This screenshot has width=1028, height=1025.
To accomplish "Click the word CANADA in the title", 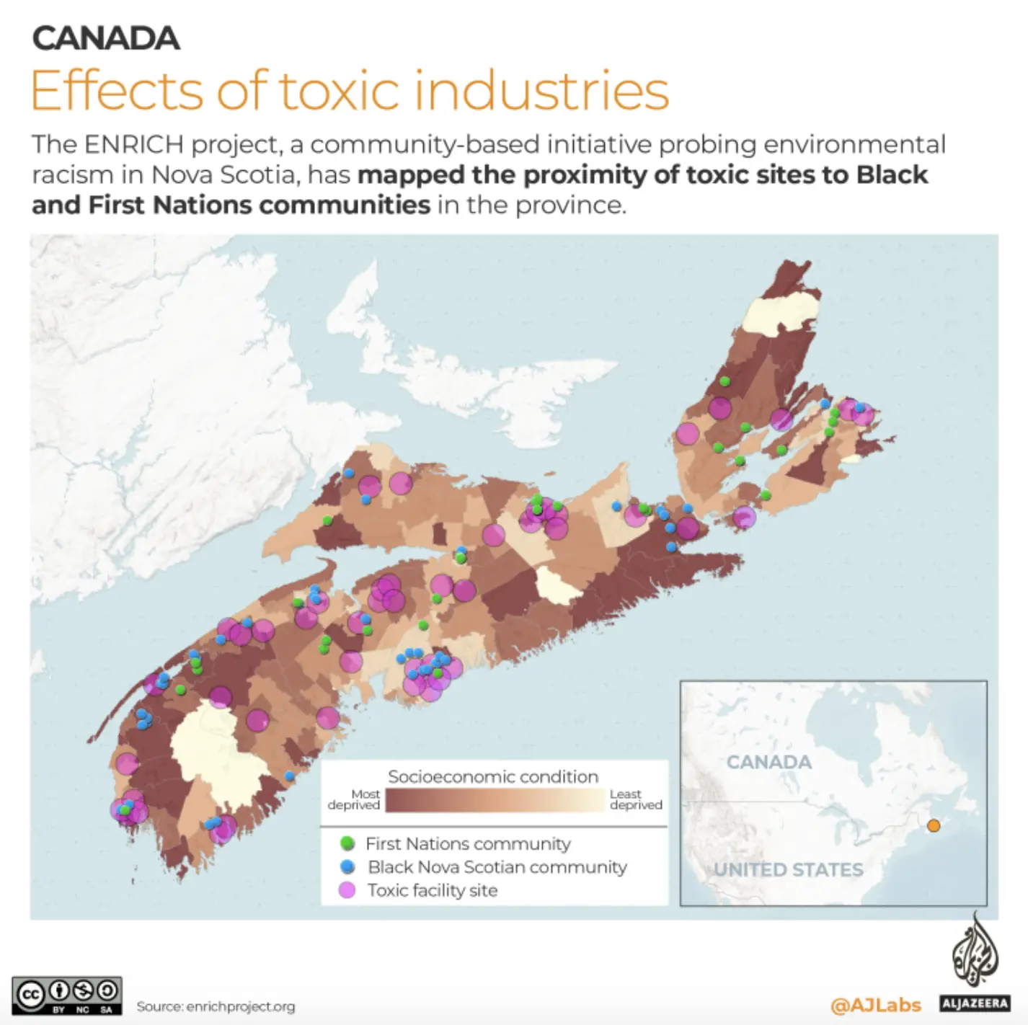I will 106,39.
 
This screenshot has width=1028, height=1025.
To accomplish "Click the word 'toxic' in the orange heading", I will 338,91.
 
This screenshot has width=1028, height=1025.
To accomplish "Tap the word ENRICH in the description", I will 134,145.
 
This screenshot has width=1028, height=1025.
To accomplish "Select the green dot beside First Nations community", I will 347,843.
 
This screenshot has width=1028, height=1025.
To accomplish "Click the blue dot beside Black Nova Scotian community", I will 347,866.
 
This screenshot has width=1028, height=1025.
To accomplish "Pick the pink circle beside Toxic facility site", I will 347,890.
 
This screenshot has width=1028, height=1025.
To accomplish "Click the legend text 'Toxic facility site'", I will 433,890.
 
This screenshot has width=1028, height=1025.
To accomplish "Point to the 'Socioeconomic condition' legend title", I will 493,776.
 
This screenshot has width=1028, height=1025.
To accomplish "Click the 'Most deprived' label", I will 355,799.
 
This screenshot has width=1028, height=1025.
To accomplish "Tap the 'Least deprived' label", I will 635,799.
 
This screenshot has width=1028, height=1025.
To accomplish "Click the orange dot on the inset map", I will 934,826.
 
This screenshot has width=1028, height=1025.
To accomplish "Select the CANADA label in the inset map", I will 768,762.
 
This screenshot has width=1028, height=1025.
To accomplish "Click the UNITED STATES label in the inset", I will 789,869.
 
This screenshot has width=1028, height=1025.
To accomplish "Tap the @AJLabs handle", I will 876,1004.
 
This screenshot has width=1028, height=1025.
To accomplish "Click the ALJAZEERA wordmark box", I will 975,1003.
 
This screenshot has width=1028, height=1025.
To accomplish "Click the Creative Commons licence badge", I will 67,995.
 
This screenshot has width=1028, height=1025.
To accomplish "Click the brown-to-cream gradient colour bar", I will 495,800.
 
